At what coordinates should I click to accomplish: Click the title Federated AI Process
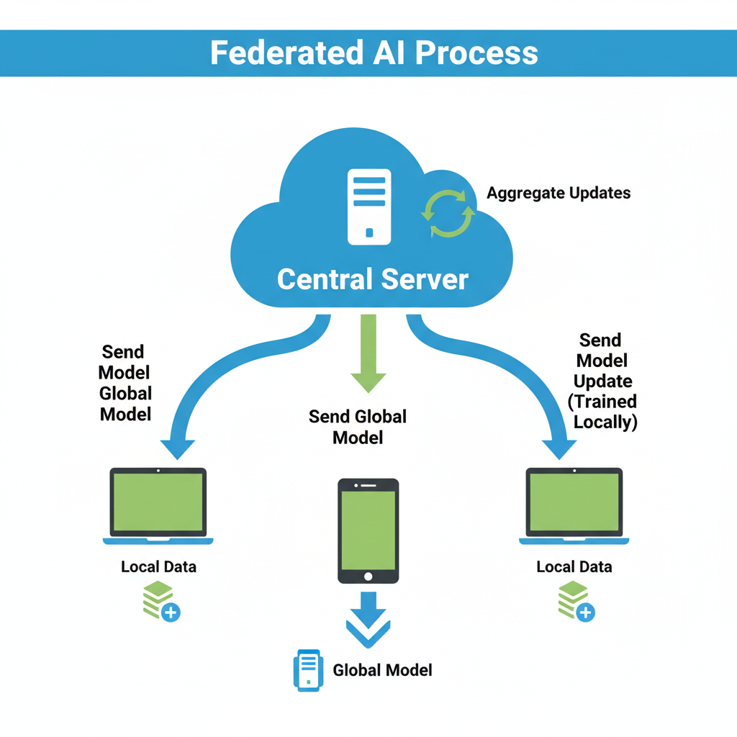click(374, 53)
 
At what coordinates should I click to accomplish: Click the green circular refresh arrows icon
click(448, 214)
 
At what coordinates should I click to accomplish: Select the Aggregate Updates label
click(559, 193)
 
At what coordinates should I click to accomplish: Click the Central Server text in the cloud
click(372, 279)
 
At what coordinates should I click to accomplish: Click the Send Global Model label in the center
click(358, 426)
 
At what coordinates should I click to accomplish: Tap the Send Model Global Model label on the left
click(126, 383)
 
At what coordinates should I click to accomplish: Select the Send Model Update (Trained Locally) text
click(603, 381)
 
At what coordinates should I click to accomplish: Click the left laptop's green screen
click(158, 502)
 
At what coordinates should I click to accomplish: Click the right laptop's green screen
click(574, 502)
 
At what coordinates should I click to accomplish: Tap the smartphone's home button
click(368, 577)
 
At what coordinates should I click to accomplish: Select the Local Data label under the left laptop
click(158, 566)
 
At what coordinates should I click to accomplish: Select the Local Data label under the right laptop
click(574, 566)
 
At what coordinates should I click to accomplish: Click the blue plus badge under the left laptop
click(171, 612)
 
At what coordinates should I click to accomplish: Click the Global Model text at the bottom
click(382, 670)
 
